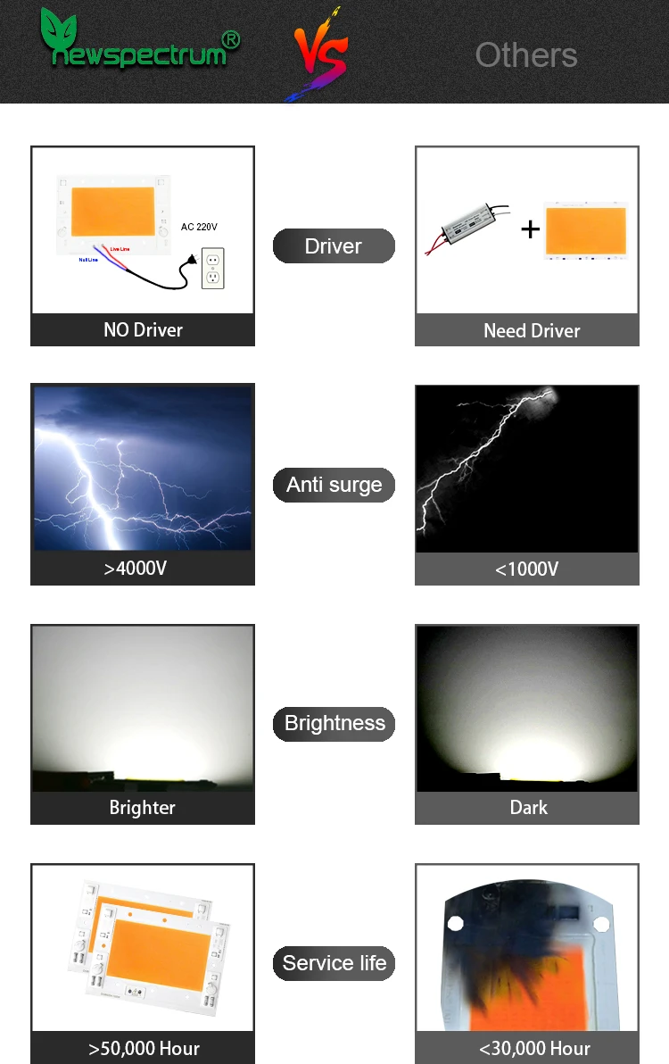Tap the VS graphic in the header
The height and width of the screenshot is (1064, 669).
coord(319,55)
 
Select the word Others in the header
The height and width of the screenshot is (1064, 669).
coord(526,55)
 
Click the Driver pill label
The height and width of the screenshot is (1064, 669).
coord(334,246)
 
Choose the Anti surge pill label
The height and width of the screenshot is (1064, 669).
coord(334,485)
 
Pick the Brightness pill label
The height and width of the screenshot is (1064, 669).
coord(334,723)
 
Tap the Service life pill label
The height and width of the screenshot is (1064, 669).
coord(334,963)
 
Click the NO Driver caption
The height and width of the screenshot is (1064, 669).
coord(143,330)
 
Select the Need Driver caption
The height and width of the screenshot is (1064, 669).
coord(532,331)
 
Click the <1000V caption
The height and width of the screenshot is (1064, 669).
coord(526,569)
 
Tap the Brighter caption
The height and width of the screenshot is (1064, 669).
coord(143,808)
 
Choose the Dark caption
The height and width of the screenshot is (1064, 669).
coord(529,808)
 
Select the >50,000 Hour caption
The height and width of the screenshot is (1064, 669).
coord(144,1049)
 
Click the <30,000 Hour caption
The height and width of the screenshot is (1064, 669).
coord(535,1049)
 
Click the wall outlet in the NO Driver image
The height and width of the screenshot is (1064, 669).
coord(212,268)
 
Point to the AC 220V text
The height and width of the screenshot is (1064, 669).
coord(199,227)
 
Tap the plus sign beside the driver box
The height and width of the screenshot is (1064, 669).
coord(531,229)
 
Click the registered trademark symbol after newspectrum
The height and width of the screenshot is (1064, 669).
coord(230,40)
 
